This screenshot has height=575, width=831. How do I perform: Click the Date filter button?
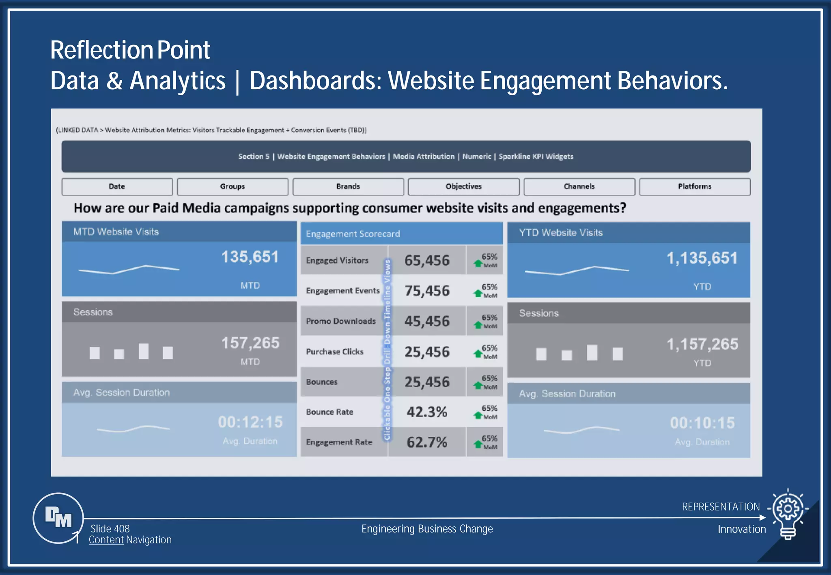click(x=117, y=187)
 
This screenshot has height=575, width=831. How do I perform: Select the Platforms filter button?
click(x=695, y=187)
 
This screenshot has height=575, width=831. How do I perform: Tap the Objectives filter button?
click(x=463, y=187)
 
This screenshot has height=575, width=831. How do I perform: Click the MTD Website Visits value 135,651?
click(x=250, y=257)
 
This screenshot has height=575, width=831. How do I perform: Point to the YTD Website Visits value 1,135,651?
click(x=702, y=258)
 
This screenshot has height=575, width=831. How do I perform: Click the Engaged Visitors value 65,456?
click(x=427, y=260)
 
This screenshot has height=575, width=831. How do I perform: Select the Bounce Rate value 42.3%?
click(x=427, y=412)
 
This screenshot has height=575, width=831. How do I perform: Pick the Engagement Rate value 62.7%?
click(x=427, y=442)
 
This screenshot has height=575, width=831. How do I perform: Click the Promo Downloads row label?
click(x=341, y=321)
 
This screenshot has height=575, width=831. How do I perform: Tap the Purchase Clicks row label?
click(x=335, y=352)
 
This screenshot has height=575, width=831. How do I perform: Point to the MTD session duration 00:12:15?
click(x=250, y=422)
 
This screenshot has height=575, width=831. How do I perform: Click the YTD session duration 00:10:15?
click(x=702, y=423)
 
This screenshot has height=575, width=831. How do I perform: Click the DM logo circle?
click(x=58, y=518)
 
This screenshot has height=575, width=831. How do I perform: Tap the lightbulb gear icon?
click(x=788, y=513)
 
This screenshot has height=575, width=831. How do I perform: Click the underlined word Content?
click(x=106, y=540)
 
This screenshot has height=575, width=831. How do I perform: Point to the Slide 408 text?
click(x=110, y=529)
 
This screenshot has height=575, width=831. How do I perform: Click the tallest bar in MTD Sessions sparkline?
click(x=143, y=351)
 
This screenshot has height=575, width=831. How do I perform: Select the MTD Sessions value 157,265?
click(x=250, y=343)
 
